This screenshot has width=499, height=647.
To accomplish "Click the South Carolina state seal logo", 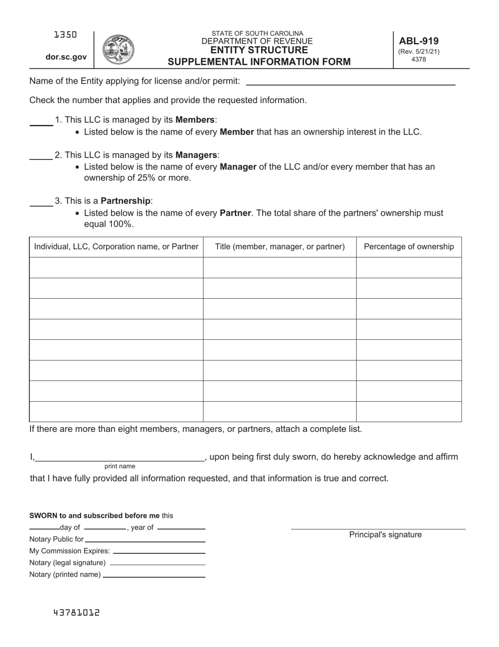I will [118, 50].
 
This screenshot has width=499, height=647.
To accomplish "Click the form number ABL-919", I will [419, 41].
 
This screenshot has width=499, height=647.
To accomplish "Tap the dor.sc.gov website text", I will [66, 57].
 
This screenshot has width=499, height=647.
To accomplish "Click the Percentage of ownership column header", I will [409, 247].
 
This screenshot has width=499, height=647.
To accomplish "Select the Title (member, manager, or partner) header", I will [280, 247].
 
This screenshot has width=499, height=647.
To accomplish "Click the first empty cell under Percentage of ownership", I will [409, 268].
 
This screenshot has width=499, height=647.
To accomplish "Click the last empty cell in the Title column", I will [280, 412].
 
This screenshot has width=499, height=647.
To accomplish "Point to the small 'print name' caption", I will [120, 466].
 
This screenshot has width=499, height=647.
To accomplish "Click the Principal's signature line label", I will [385, 535].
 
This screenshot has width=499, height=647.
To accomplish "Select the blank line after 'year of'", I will [181, 528].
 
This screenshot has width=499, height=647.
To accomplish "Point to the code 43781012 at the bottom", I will [76, 613].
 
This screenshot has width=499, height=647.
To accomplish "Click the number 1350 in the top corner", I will [66, 35].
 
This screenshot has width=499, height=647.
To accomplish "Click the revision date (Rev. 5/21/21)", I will [419, 52].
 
